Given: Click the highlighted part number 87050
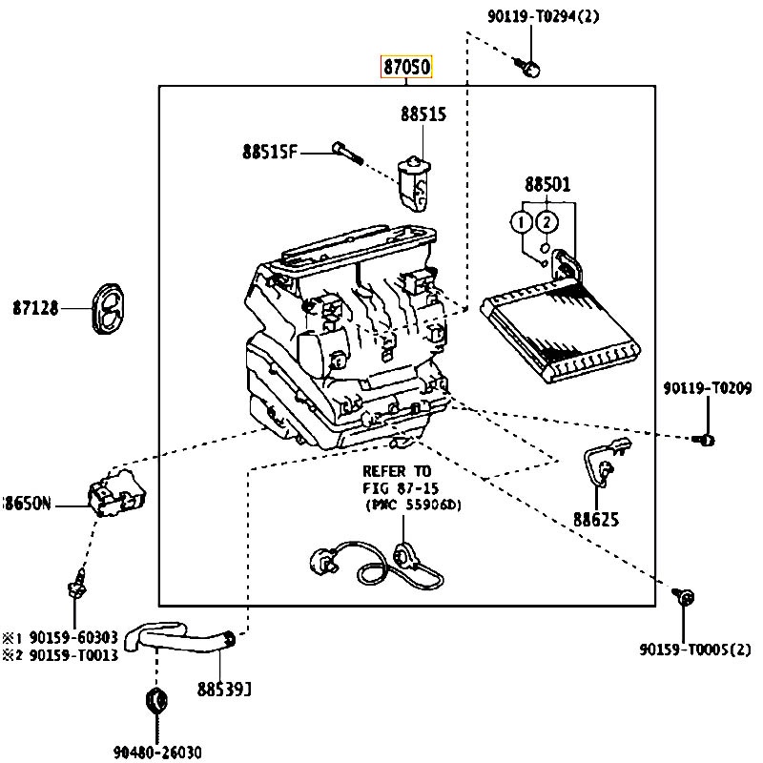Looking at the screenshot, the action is point(406,67).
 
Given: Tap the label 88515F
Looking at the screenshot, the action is point(269,153).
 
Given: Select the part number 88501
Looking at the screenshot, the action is point(547,184).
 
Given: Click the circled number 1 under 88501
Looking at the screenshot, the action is point(521,222).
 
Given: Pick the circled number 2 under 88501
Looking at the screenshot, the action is point(546,222).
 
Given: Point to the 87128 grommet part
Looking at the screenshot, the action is point(108,308).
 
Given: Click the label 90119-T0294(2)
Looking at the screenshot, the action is point(544,16).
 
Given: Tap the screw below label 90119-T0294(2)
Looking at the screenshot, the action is point(528,68).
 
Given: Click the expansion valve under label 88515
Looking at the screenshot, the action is point(414,184).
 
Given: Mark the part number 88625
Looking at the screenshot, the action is point(596,520).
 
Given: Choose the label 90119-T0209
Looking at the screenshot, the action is point(708,388).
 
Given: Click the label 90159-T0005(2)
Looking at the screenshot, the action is point(695,650).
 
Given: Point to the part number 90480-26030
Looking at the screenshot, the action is point(157,753).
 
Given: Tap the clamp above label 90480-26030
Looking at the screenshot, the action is point(156,701).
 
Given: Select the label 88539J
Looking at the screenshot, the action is point(224,689).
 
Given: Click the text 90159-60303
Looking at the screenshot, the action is point(74,637).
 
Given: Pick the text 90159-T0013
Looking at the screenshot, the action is point(74,655).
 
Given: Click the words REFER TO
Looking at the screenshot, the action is point(397,471).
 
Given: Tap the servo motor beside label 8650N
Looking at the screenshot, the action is point(116,492).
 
